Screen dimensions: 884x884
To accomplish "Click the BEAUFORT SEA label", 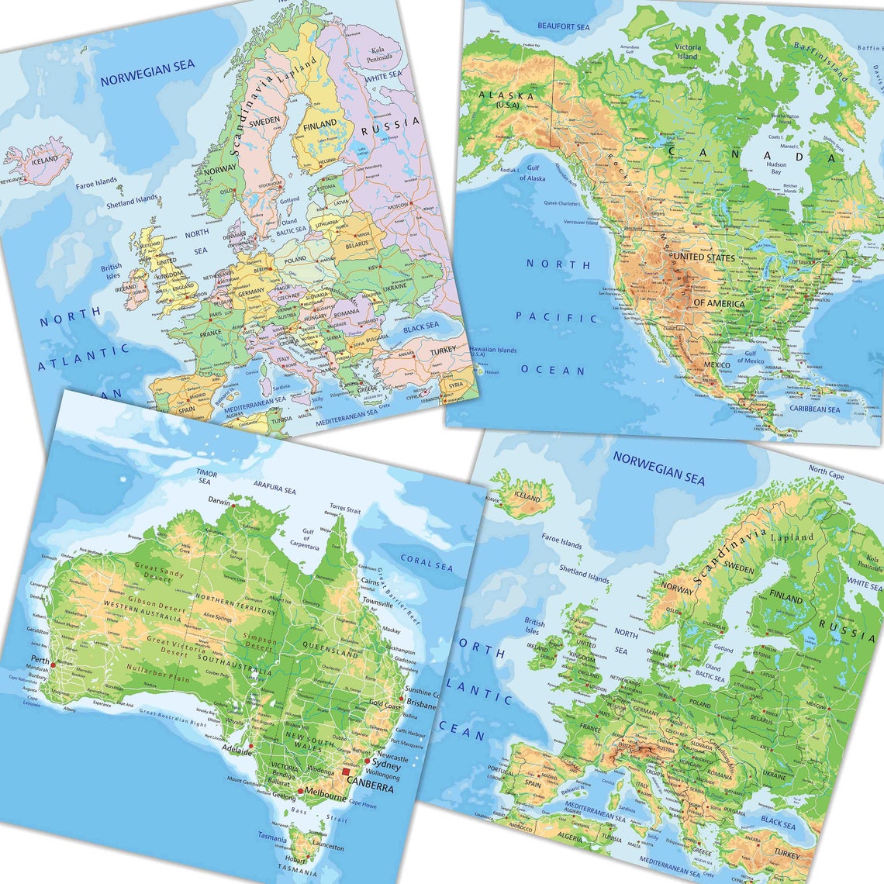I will (564, 27).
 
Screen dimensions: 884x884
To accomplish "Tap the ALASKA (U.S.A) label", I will (506, 98).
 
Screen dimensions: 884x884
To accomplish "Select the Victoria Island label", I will (687, 51).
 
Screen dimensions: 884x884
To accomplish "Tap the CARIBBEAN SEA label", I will (814, 409).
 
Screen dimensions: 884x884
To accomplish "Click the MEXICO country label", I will (717, 364).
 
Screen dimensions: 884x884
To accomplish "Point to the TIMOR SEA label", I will (205, 476).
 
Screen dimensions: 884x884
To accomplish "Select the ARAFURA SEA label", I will (275, 490).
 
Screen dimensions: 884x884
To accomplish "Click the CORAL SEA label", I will (426, 563).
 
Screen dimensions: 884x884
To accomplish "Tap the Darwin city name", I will (219, 502).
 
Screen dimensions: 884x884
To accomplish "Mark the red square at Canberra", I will (346, 772).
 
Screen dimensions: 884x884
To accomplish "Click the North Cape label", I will (827, 471).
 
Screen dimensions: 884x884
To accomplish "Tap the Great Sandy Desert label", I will (161, 572).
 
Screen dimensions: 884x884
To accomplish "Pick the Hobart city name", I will (292, 859).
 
